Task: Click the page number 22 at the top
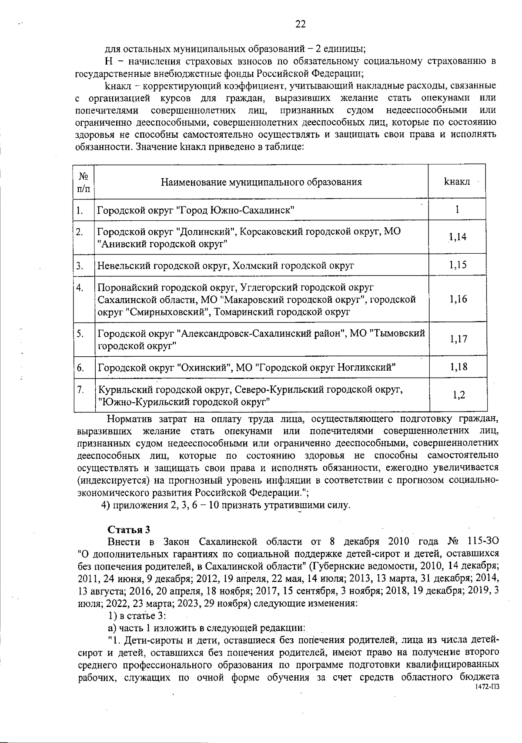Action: pos(300,24)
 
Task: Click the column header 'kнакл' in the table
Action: pos(457,182)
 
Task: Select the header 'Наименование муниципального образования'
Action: pos(261,182)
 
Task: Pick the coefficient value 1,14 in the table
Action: pos(458,237)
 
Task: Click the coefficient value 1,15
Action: pos(458,265)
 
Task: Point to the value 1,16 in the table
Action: pos(458,299)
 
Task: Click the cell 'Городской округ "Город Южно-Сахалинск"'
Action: pos(196,210)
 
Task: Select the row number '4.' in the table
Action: pos(80,288)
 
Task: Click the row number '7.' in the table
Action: pos(80,390)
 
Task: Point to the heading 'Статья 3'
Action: pos(129,530)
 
